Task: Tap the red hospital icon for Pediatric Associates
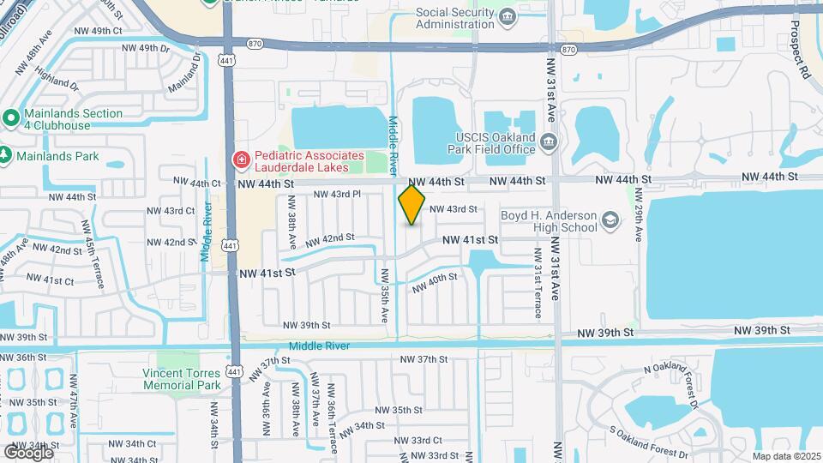[242, 159]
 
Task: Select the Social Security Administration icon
[508, 16]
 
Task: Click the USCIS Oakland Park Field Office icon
[550, 142]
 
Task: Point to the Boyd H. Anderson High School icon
[610, 221]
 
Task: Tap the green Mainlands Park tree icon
[7, 156]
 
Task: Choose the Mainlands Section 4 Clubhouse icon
[11, 117]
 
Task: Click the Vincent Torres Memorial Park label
[183, 379]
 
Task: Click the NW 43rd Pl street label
[338, 194]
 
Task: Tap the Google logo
[27, 452]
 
